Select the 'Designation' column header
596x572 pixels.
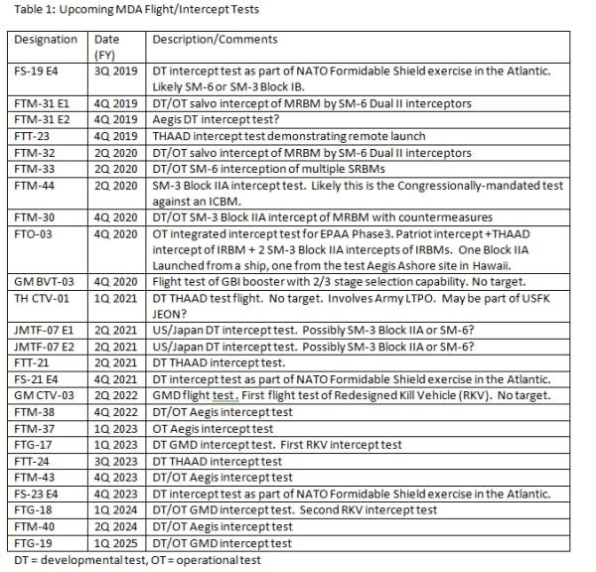point(45,40)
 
